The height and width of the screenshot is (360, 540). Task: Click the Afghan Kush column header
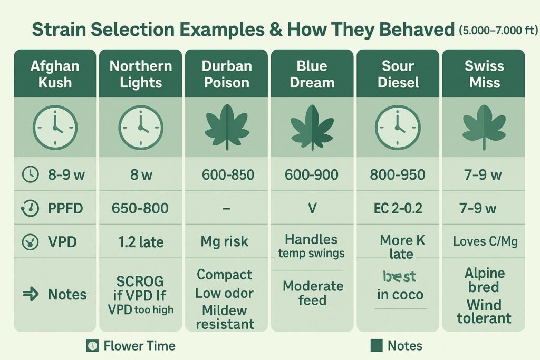(x=55, y=74)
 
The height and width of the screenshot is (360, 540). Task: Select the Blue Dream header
(x=312, y=74)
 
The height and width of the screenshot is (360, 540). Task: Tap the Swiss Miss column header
(x=484, y=74)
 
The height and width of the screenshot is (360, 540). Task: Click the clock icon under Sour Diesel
(x=398, y=128)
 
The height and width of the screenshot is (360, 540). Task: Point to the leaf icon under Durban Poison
(x=226, y=128)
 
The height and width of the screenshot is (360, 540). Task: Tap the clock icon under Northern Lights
(x=141, y=128)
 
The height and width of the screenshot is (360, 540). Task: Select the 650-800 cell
(x=140, y=208)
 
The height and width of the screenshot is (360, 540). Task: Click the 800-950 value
(x=398, y=174)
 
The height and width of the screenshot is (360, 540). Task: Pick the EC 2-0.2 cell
(x=398, y=208)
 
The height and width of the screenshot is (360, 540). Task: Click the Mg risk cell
(x=226, y=242)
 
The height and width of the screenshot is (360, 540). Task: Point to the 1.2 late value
(x=140, y=242)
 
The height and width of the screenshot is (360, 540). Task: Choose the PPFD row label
(x=65, y=208)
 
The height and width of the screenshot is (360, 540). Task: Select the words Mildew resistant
(x=225, y=316)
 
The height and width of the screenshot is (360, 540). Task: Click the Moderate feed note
(x=312, y=293)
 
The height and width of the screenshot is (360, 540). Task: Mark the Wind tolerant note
(x=484, y=312)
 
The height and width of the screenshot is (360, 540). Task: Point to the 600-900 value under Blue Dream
(x=312, y=174)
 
